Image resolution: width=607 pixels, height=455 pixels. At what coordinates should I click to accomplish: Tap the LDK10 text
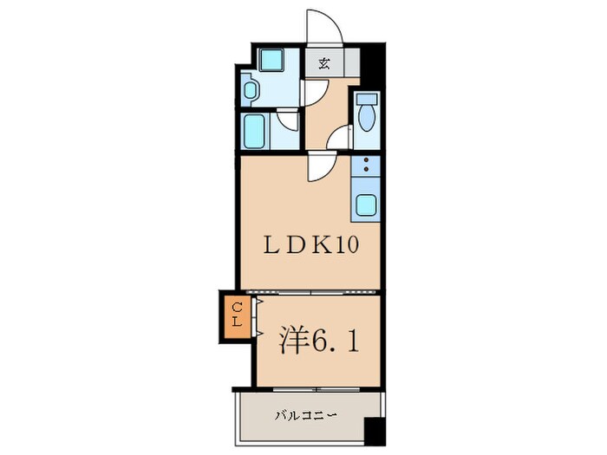[x=310, y=244]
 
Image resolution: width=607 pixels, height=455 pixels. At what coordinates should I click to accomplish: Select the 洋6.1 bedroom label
[x=318, y=339]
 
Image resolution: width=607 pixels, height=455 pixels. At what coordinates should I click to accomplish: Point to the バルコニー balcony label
[x=305, y=415]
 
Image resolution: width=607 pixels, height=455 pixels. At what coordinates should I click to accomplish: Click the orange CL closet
[x=236, y=316]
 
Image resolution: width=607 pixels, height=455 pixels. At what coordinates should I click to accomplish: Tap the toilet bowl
[x=365, y=118]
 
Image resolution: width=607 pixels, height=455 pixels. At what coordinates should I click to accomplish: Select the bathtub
[x=257, y=132]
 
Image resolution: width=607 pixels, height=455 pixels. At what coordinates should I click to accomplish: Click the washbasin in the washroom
[x=251, y=90]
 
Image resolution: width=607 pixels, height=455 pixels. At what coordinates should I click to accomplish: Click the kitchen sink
[x=366, y=206]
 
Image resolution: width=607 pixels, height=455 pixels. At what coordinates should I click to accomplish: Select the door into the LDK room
[x=317, y=165]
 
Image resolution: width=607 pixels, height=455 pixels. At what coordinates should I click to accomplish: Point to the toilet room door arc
[x=342, y=136]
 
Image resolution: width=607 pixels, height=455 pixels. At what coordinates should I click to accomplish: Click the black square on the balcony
[x=374, y=431]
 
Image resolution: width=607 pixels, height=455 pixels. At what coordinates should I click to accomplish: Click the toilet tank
[x=365, y=98]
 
